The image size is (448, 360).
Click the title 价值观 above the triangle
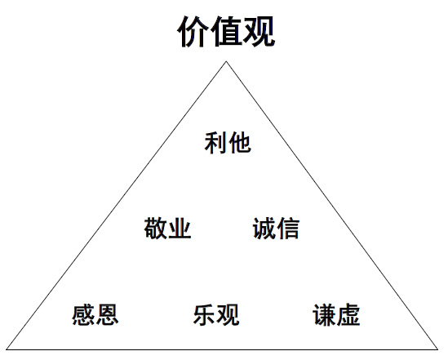pyautogui.click(x=226, y=31)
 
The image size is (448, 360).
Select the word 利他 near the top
pyautogui.click(x=228, y=143)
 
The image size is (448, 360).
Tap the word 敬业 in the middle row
pyautogui.click(x=167, y=228)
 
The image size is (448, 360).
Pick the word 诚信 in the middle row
pyautogui.click(x=276, y=228)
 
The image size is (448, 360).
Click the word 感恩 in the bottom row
pyautogui.click(x=95, y=314)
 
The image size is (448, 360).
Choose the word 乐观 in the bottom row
pyautogui.click(x=216, y=314)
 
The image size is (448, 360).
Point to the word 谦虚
pyautogui.click(x=336, y=314)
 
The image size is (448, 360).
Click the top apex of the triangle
pyautogui.click(x=226, y=61)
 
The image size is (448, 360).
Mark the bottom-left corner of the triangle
pyautogui.click(x=7, y=349)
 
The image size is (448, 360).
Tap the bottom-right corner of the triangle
pyautogui.click(x=437, y=349)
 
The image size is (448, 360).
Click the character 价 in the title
pyautogui.click(x=193, y=31)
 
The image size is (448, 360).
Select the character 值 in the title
pyautogui.click(x=226, y=31)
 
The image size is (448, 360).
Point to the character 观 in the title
pyautogui.click(x=259, y=31)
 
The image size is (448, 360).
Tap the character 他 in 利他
pyautogui.click(x=240, y=143)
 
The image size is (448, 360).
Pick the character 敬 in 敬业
pyautogui.click(x=155, y=228)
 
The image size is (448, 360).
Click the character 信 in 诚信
pyautogui.click(x=288, y=228)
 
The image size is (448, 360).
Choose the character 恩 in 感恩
pyautogui.click(x=107, y=314)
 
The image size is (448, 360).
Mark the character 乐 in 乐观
pyautogui.click(x=204, y=314)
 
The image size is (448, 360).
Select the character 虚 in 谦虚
pyautogui.click(x=348, y=314)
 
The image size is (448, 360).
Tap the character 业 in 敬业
pyautogui.click(x=180, y=228)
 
